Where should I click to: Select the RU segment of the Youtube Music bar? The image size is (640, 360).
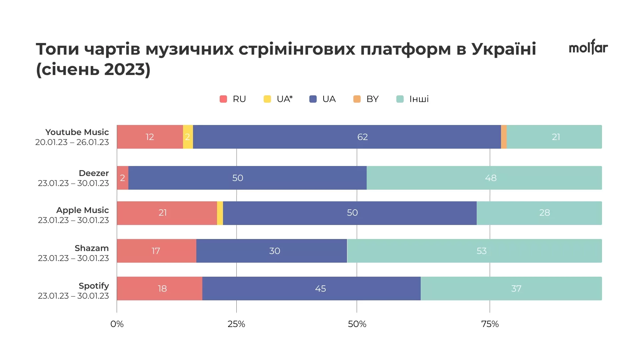(150, 137)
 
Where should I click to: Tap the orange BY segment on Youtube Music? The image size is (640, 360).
(504, 137)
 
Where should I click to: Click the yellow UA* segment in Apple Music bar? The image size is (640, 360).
(220, 213)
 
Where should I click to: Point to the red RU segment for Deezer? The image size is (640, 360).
(123, 178)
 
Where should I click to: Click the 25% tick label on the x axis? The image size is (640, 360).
(236, 324)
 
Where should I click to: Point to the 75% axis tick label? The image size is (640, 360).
(490, 324)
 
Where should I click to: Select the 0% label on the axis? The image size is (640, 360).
(117, 324)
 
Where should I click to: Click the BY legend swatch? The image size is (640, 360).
(357, 99)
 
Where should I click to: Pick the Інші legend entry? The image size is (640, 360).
(419, 99)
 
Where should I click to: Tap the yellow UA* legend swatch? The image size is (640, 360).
(267, 99)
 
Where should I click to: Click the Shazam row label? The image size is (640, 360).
(92, 248)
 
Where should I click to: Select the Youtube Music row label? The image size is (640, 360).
(77, 132)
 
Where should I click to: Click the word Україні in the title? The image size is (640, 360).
(503, 49)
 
